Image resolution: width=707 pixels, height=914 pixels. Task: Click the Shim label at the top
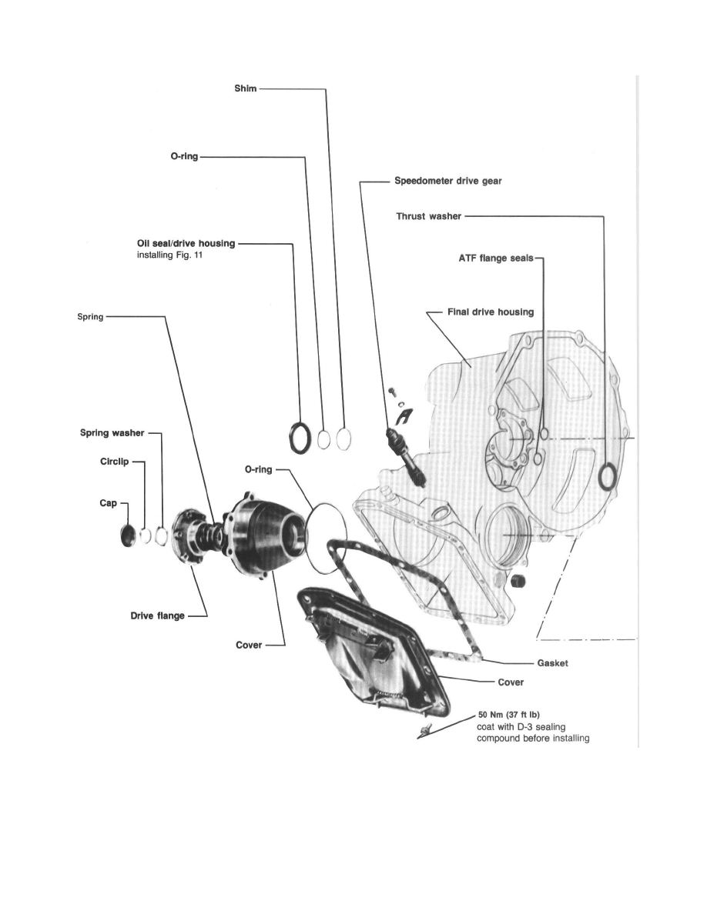(x=245, y=89)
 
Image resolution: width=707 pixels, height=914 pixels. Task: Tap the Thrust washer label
(x=428, y=217)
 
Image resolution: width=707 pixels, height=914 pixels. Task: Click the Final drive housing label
(x=490, y=312)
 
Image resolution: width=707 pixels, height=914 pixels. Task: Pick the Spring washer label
(x=112, y=433)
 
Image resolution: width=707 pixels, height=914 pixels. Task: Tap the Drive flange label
(x=157, y=615)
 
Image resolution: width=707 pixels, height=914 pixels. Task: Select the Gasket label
(x=551, y=662)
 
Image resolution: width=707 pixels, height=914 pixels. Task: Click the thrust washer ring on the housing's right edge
(x=607, y=475)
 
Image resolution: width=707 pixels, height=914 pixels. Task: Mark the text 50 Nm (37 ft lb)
(x=508, y=715)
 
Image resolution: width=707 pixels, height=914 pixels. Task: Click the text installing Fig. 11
(x=168, y=257)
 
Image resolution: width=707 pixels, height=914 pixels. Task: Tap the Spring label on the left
(x=90, y=317)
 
